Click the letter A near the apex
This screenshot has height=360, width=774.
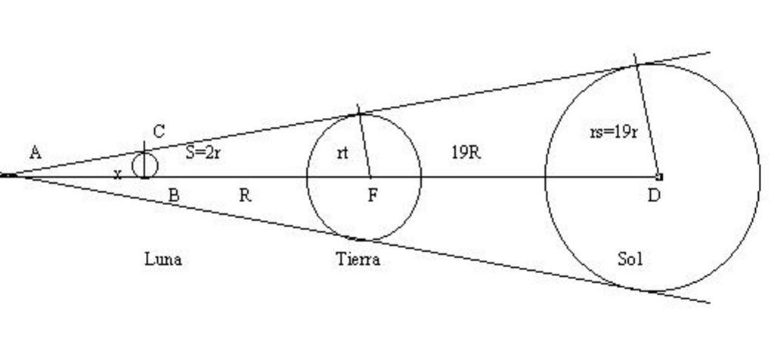coord(35,152)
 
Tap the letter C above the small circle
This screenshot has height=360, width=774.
coord(159,132)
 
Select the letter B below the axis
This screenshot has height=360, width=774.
coord(173,195)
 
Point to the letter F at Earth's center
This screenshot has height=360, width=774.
coord(373,195)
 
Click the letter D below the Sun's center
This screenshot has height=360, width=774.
coord(655,195)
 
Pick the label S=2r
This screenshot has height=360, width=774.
coord(203,152)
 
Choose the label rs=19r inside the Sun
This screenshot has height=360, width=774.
coord(613,132)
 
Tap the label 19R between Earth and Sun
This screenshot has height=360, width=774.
coord(466,152)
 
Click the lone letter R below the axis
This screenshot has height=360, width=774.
coord(245,195)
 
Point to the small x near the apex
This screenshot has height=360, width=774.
coord(117,174)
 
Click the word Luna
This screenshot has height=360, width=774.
coord(163,259)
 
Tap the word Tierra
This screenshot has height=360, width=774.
coord(358,259)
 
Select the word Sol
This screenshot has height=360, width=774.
coord(630,259)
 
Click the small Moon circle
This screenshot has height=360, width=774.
coord(145,165)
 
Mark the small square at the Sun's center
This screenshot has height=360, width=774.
coord(659,176)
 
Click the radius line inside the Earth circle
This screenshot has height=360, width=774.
coord(365,145)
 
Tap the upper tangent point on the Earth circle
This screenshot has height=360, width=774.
coord(360,114)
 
